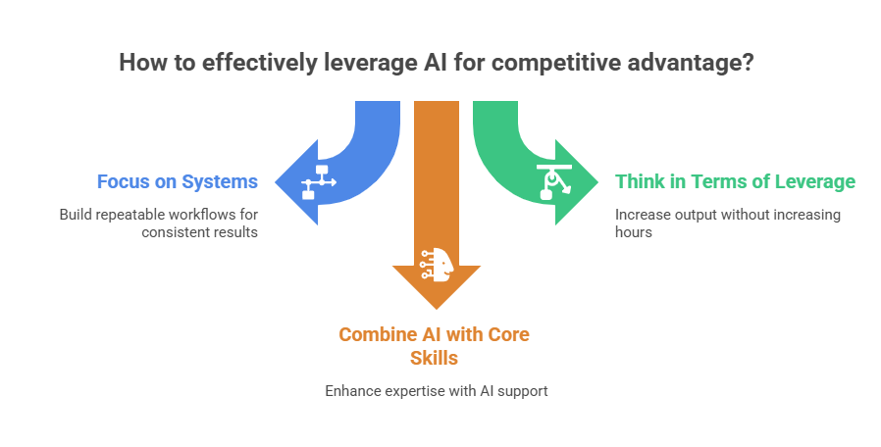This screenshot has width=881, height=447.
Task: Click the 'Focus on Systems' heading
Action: (x=177, y=181)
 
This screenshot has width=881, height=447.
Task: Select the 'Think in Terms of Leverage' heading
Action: (x=735, y=181)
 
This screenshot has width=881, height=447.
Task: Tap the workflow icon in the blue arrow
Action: (x=319, y=181)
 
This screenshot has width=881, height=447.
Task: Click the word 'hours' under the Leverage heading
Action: (x=634, y=232)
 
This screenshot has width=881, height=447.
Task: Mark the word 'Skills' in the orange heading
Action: (x=434, y=358)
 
